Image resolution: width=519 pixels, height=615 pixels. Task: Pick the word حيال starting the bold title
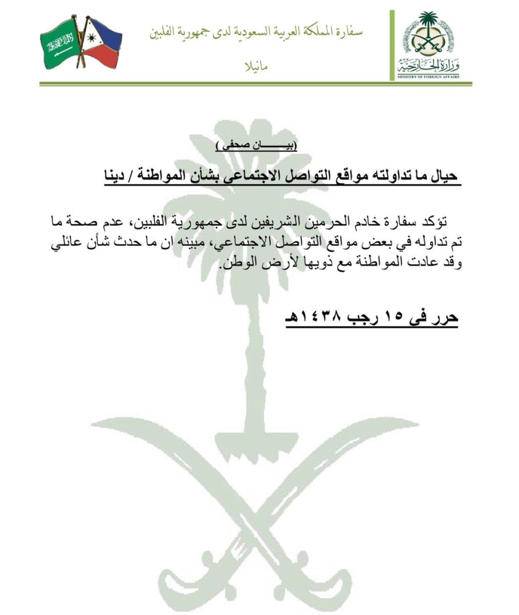[442, 175]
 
